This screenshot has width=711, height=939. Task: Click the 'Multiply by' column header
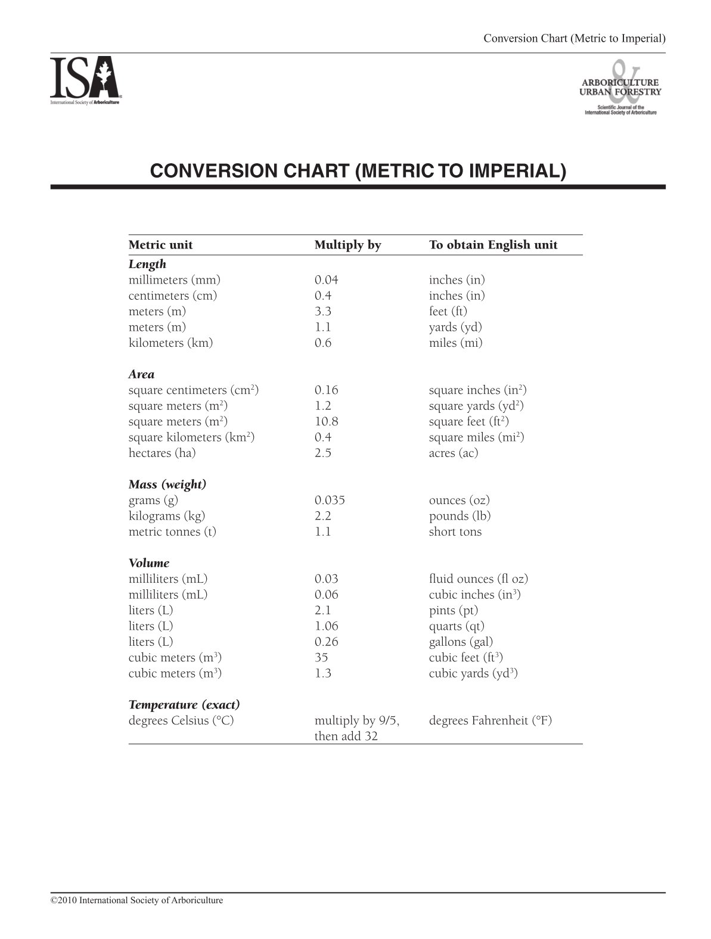[347, 245]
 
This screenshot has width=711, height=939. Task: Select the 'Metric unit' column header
[160, 245]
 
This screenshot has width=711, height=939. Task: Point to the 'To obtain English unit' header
[493, 245]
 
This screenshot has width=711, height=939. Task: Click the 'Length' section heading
[147, 264]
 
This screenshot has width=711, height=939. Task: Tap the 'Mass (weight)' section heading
[167, 484]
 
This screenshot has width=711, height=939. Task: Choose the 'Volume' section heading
[149, 563]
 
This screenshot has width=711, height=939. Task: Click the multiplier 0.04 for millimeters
[326, 280]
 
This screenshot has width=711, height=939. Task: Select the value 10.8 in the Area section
[326, 421]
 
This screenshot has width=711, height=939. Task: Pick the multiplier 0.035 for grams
[330, 500]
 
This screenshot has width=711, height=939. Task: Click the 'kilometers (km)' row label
[170, 343]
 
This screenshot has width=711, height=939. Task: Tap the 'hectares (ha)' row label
[162, 453]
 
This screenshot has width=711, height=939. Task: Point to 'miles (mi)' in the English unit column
[455, 343]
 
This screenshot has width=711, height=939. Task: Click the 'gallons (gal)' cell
[461, 642]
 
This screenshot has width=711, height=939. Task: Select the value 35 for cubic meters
[321, 657]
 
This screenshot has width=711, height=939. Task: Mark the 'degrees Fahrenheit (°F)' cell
[490, 720]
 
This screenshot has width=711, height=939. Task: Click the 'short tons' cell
[455, 531]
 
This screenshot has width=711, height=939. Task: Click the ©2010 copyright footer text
[137, 900]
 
